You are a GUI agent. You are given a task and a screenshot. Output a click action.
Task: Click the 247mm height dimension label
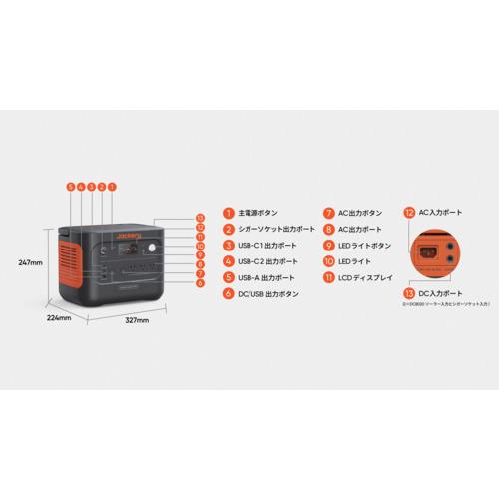click(x=30, y=262)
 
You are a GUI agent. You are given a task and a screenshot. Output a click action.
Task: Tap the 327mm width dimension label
click(x=137, y=320)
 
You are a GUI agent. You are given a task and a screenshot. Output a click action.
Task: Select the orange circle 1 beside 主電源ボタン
click(x=228, y=213)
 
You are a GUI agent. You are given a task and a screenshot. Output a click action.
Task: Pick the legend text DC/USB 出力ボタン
click(x=268, y=294)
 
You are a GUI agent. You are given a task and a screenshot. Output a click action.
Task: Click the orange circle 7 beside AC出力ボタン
click(x=328, y=213)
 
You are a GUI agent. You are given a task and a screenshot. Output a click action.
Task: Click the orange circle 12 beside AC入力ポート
click(x=409, y=213)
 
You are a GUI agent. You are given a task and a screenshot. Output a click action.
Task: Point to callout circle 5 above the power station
click(x=70, y=186)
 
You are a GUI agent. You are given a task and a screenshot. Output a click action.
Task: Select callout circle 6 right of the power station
click(x=201, y=283)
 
